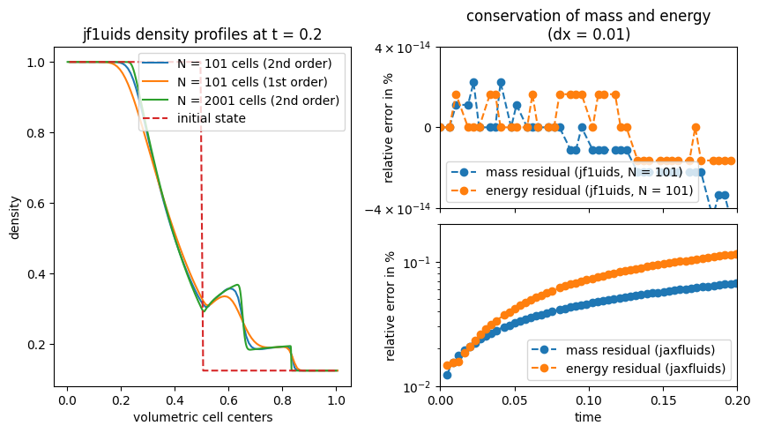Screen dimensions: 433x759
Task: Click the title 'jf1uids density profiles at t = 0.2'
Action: (x=202, y=35)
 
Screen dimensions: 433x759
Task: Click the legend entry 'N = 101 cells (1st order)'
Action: (x=246, y=81)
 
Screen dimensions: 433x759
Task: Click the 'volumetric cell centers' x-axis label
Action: (x=202, y=416)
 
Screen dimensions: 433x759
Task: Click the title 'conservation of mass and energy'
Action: (x=588, y=16)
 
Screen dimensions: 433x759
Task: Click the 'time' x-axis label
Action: (x=588, y=416)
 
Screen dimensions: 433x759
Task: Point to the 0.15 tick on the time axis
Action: (x=663, y=399)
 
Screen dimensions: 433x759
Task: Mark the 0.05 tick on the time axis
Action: (x=515, y=399)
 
